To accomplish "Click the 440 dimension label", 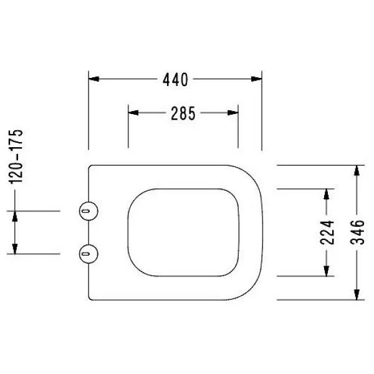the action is pos(175,79).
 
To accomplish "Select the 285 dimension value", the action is pos(183,113).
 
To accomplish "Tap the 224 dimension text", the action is pos(327,233).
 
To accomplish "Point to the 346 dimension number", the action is pos(357,233).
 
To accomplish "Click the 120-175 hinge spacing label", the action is pos(16,156).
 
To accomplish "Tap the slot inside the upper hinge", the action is pos(86,211).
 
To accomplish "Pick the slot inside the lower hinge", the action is pos(86,254).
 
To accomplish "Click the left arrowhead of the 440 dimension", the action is pos(93,79).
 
